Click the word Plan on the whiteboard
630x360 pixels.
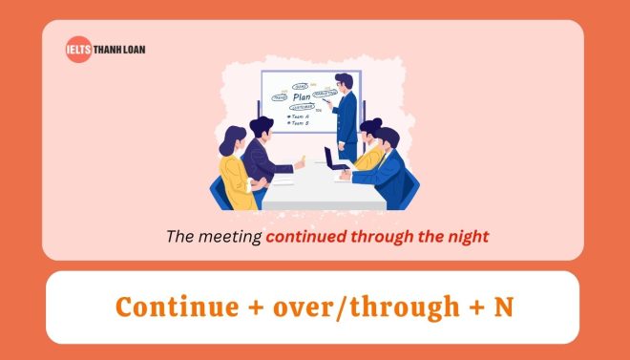303,96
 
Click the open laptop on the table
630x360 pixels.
336,158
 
